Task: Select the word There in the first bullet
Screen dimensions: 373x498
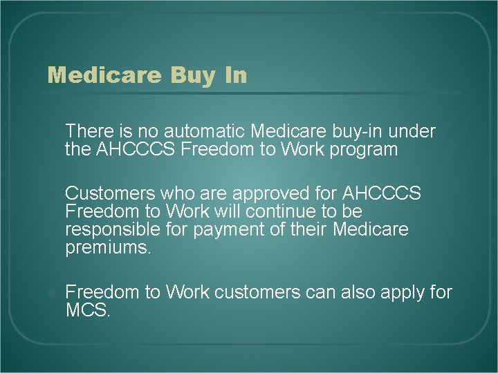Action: pyautogui.click(x=87, y=131)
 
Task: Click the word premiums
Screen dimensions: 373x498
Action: pyautogui.click(x=107, y=247)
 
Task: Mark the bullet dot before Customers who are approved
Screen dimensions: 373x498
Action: pyautogui.click(x=50, y=193)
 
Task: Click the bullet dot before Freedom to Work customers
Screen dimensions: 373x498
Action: pyautogui.click(x=50, y=293)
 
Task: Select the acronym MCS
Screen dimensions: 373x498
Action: pyautogui.click(x=87, y=310)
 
